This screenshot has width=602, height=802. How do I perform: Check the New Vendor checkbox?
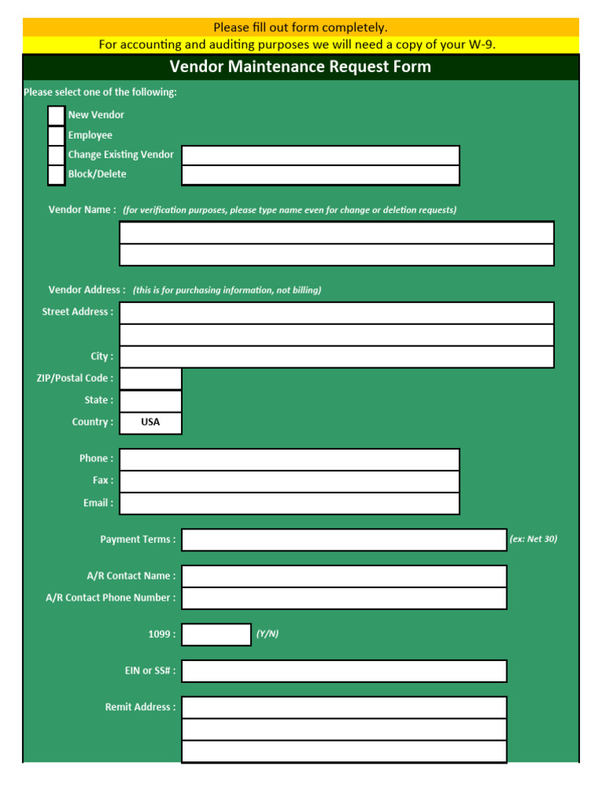pos(56,115)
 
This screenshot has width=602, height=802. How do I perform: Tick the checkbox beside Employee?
pos(56,135)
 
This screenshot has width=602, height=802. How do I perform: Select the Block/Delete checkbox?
pos(56,175)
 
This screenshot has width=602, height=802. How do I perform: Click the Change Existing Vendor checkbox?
pos(56,155)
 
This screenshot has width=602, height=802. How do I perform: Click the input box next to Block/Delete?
pos(321,175)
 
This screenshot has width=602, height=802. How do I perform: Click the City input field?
pos(336,357)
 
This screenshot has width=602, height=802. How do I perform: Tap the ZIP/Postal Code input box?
pos(150,379)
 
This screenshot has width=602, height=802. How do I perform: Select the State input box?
pos(150,401)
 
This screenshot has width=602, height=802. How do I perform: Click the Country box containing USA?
pos(150,423)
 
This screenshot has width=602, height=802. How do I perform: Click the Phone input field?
pos(289,460)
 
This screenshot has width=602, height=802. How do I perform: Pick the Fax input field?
pos(289,482)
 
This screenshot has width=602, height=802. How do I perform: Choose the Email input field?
pos(289,504)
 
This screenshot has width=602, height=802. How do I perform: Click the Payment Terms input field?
pos(344,540)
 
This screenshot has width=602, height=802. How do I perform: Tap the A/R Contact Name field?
pos(344,576)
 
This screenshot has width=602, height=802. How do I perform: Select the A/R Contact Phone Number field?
pos(344,598)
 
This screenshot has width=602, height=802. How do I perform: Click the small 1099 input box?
pos(216,634)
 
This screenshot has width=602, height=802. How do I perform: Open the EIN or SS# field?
pos(344,671)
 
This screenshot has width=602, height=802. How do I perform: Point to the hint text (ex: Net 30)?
pos(534,540)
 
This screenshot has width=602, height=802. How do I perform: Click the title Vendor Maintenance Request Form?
pos(300,67)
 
